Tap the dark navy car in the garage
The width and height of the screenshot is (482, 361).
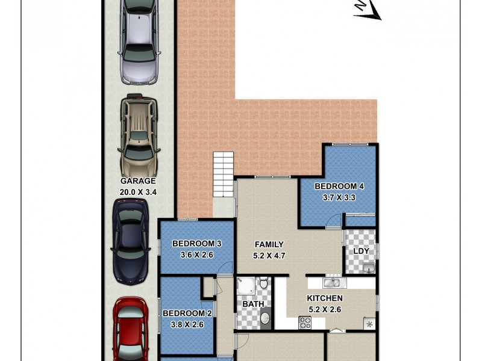(130, 241)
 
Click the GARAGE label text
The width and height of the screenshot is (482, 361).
(138, 180)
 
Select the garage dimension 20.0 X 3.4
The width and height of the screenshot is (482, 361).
(138, 193)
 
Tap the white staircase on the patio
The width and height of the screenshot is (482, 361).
(222, 174)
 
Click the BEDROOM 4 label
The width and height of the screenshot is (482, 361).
(339, 187)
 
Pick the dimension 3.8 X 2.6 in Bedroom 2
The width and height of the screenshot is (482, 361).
(187, 325)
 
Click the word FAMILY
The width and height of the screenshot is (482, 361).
(269, 244)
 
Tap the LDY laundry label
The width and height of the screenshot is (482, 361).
(361, 250)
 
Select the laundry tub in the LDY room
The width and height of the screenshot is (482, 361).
(369, 268)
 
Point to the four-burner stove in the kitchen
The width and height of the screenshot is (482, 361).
(304, 324)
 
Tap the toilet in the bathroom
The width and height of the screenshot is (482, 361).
(263, 282)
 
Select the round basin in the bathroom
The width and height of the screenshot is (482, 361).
(264, 318)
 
